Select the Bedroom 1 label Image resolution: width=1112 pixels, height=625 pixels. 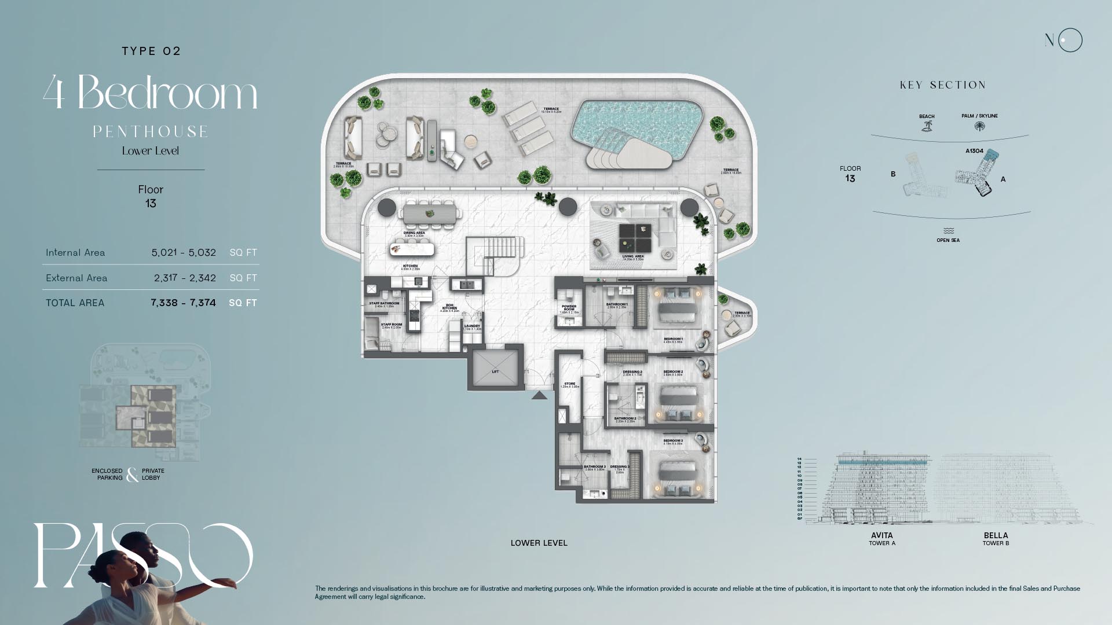(x=673, y=340)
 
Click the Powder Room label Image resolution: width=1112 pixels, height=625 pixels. (x=569, y=308)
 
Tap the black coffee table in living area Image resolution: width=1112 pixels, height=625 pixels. (x=635, y=238)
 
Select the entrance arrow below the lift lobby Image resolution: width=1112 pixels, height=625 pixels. (x=539, y=395)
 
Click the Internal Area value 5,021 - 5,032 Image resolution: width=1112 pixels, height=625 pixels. (x=184, y=253)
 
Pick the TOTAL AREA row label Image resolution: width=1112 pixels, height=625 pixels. (x=75, y=303)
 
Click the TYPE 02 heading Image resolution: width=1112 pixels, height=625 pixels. (x=151, y=51)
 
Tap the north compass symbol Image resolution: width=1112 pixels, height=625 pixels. (x=1064, y=41)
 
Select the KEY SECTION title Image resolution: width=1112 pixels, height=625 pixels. (x=942, y=85)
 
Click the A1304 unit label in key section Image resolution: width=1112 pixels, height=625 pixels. (x=974, y=151)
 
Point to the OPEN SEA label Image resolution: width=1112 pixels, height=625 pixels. (x=948, y=240)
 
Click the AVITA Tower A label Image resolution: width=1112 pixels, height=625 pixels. (x=882, y=538)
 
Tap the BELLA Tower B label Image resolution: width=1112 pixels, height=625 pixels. (x=996, y=538)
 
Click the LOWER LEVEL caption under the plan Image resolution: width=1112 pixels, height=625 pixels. (x=539, y=543)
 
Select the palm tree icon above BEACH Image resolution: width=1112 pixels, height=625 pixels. (x=927, y=126)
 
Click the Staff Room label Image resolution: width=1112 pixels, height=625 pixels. (x=392, y=325)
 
